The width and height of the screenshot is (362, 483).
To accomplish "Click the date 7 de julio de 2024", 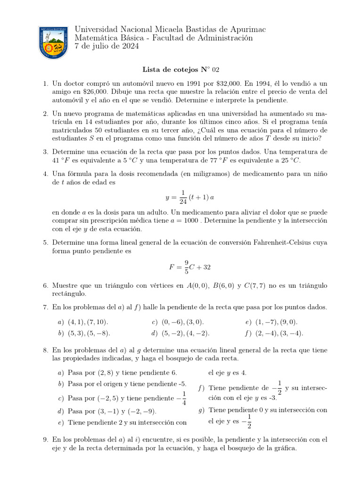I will [107, 46].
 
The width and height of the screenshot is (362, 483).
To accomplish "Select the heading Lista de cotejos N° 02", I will [181, 70].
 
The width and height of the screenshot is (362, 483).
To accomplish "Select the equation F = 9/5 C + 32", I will [190, 267].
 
